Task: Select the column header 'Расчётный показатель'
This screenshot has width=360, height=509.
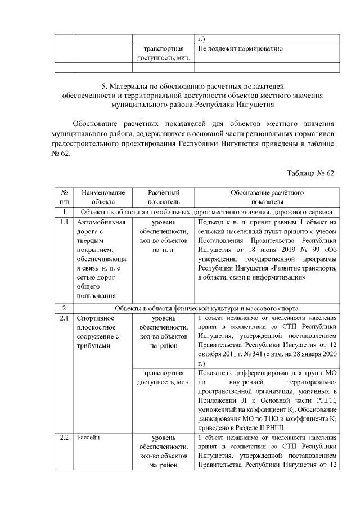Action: [x=163, y=197]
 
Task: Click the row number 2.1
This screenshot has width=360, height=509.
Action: [x=64, y=318]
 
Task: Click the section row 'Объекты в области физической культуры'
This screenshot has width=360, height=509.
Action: [x=206, y=308]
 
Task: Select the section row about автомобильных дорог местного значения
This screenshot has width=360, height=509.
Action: [x=206, y=211]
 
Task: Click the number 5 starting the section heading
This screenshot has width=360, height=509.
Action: [x=103, y=87]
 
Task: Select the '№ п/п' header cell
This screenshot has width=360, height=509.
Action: [x=64, y=197]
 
